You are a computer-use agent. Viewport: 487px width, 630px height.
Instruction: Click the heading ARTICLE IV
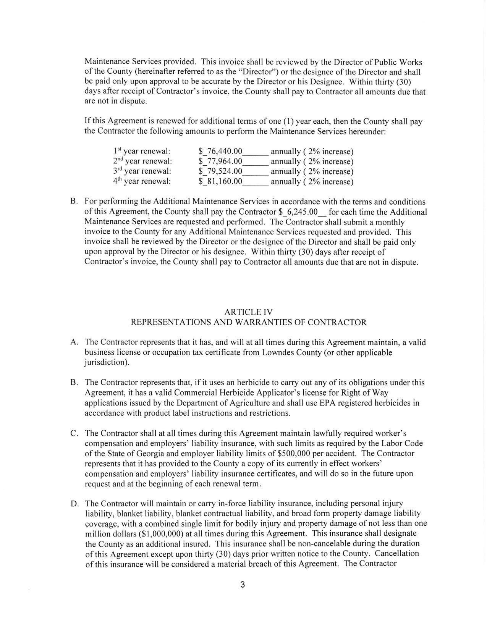[249, 312]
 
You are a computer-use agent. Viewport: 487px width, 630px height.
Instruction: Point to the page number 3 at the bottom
[243, 585]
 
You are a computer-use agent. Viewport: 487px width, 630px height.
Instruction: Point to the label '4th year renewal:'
[142, 181]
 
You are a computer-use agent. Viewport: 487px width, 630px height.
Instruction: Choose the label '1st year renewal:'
[142, 152]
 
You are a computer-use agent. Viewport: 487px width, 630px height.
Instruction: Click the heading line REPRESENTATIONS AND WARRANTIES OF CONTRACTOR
[249, 323]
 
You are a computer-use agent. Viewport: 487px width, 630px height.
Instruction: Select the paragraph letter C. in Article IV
[74, 433]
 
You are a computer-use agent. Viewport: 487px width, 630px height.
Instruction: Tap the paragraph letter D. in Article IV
[74, 504]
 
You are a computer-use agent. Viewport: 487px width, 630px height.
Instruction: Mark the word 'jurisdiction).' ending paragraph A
[107, 362]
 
